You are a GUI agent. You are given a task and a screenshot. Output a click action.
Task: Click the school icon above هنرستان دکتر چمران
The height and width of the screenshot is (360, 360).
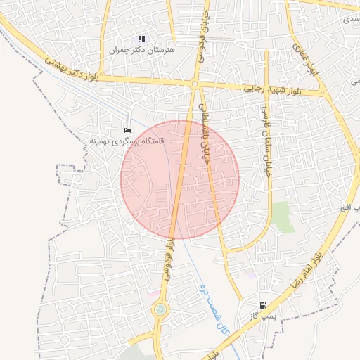pyautogui.click(x=141, y=39)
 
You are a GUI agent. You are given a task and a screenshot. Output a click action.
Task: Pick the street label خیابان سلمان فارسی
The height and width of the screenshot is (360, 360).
pyautogui.click(x=266, y=141)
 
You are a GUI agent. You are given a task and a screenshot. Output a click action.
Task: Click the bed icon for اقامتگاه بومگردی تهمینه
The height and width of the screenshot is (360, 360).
pyautogui.click(x=127, y=131)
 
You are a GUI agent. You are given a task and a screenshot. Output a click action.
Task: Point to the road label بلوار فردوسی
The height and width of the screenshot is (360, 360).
pyautogui.click(x=169, y=257)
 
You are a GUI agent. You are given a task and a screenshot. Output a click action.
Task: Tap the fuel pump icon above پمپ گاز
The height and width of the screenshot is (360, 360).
pyautogui.click(x=263, y=306)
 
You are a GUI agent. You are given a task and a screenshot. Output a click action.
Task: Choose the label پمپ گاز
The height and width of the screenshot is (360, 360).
pyautogui.click(x=258, y=318)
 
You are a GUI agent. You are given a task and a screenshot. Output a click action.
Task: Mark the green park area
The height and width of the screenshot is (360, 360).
pyautogui.click(x=283, y=217)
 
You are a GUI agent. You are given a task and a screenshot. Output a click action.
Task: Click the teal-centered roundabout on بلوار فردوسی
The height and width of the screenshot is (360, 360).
pyautogui.click(x=160, y=309)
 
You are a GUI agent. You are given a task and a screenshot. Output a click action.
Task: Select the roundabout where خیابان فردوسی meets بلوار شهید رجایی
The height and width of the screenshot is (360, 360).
pyautogui.click(x=194, y=84)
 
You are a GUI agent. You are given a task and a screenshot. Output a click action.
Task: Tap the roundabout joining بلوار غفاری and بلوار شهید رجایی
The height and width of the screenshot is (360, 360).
pyautogui.click(x=323, y=92)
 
